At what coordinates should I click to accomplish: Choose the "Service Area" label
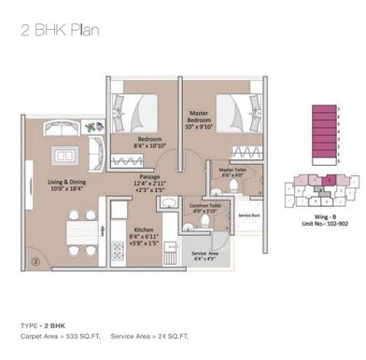204,254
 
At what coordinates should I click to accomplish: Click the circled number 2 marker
35,262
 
